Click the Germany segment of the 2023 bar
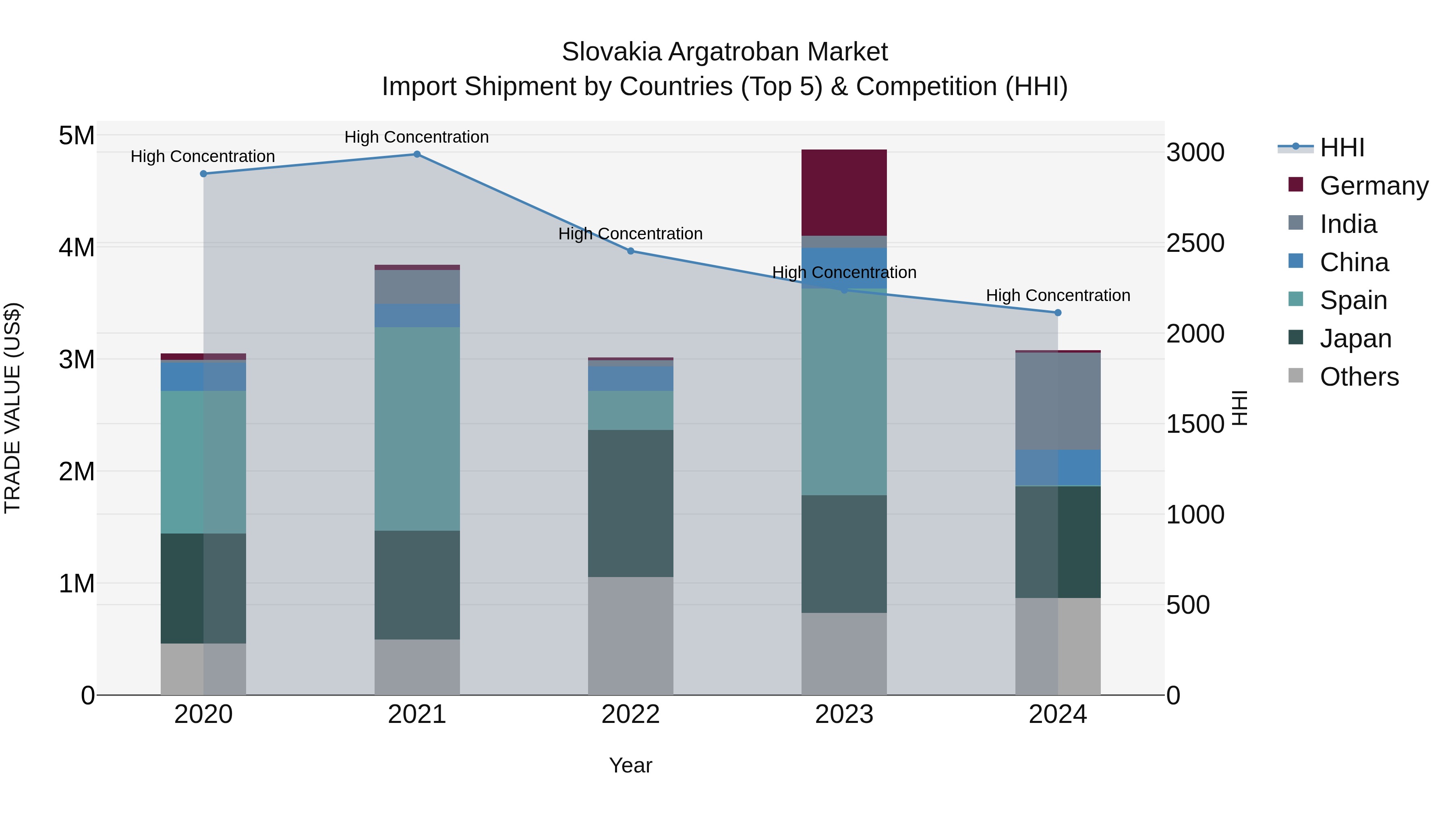point(844,193)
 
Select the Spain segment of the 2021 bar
point(417,429)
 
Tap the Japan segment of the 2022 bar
point(630,503)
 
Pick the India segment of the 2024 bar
point(1058,401)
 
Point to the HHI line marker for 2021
point(417,154)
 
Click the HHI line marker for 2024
point(1058,313)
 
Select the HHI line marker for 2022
point(630,251)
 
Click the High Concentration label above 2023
point(844,272)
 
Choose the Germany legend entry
point(1373,186)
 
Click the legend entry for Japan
point(1355,338)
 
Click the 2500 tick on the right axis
point(1195,243)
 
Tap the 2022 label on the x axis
point(630,714)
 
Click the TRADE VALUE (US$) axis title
point(12,408)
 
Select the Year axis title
point(630,765)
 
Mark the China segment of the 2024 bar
point(1058,467)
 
